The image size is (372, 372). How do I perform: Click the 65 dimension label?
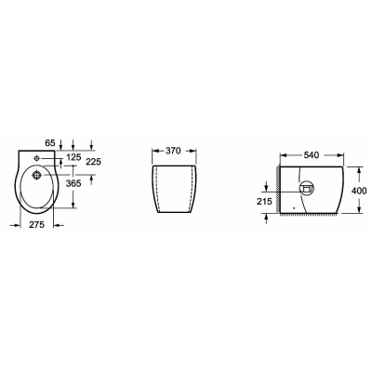pos(50,143)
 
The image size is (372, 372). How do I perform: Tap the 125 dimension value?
pos(73,157)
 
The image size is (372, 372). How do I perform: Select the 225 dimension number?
pos(94,162)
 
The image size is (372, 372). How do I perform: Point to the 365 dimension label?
pos(73,183)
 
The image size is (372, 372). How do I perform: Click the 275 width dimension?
pos(37,225)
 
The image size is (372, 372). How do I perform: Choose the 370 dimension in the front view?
pos(173,151)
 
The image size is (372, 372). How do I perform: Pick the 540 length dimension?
pos(312,155)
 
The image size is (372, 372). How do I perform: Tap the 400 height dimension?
pos(359,191)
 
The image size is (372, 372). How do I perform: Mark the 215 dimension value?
pos(264,202)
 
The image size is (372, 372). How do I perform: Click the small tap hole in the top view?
pos(36,159)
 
